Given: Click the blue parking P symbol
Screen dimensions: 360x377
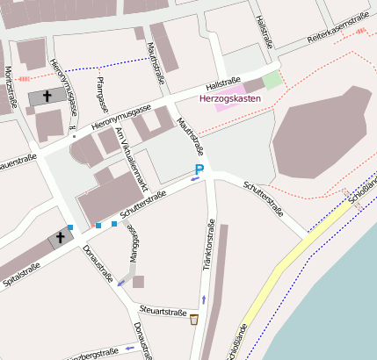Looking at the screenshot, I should [x=199, y=169].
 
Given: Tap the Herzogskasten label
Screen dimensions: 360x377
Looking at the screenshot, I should [x=230, y=98].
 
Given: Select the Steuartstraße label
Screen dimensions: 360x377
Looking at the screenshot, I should [x=164, y=312].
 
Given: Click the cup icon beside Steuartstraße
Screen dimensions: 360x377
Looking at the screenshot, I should [x=193, y=317].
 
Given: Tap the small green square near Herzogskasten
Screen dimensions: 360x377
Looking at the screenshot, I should [x=272, y=79].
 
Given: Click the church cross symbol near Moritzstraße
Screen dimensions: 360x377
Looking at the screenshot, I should [x=47, y=95].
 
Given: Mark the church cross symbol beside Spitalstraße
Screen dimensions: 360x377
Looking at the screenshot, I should [x=62, y=237].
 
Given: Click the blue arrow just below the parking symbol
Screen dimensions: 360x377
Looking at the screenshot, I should [x=194, y=178].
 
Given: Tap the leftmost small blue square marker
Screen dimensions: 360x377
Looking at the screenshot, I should [x=69, y=227].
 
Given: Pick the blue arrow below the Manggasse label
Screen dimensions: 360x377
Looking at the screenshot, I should [x=120, y=284].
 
